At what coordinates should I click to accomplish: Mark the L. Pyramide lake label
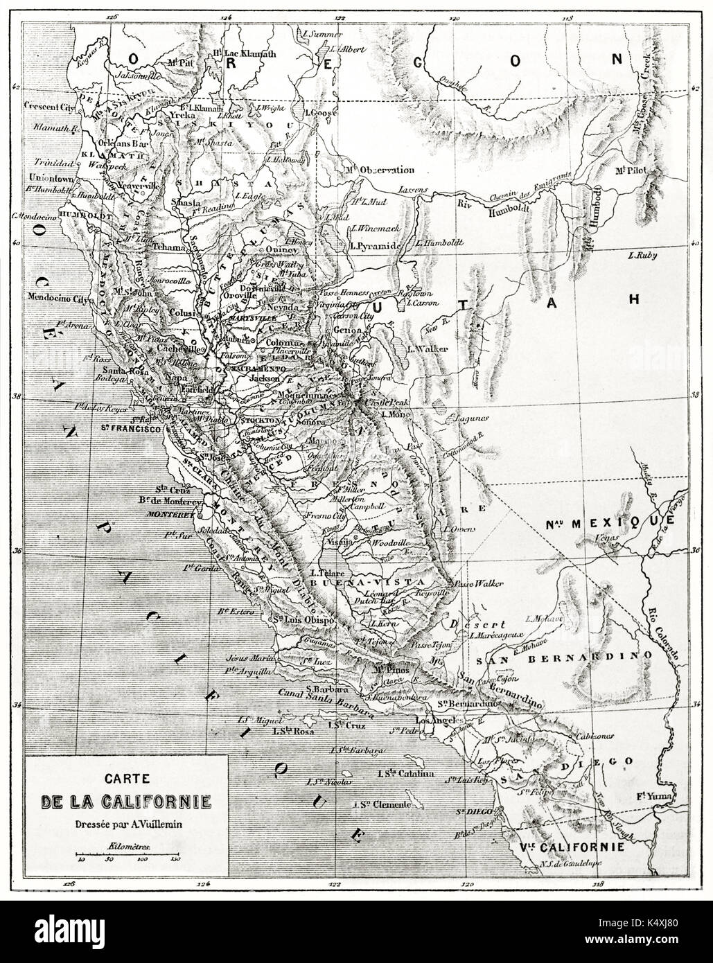376,245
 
